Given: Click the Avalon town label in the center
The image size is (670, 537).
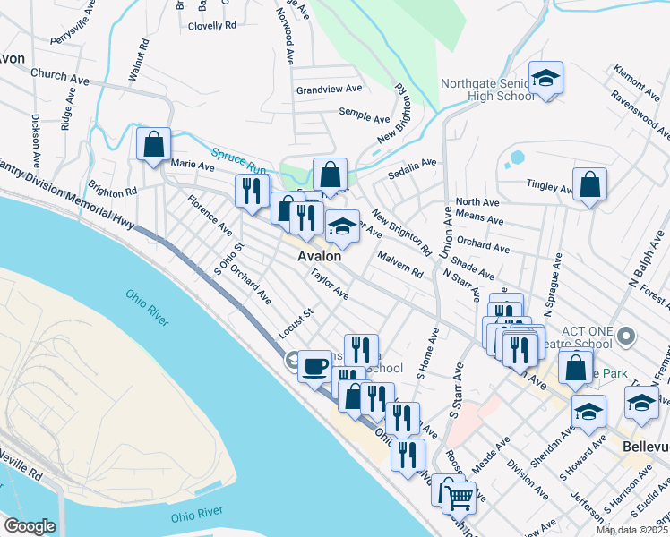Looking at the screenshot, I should (x=320, y=256).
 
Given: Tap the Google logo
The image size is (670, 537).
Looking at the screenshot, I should (x=29, y=526).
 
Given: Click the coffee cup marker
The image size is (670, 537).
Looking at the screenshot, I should (x=314, y=365).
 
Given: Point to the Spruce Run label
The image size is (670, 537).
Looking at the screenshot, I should (x=239, y=160).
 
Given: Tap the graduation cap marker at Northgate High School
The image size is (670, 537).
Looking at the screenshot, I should (x=545, y=78).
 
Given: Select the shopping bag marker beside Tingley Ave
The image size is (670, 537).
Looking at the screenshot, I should (x=589, y=185).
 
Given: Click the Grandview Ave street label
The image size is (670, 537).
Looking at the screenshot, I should (x=329, y=89).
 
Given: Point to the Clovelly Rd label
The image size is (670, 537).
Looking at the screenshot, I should (x=211, y=26).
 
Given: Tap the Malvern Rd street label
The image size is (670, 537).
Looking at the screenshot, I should (x=399, y=268).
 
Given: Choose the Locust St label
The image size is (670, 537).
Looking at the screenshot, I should (x=293, y=314).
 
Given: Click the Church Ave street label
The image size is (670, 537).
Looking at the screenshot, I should (x=60, y=77).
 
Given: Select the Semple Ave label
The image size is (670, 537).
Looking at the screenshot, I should (x=364, y=117).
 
